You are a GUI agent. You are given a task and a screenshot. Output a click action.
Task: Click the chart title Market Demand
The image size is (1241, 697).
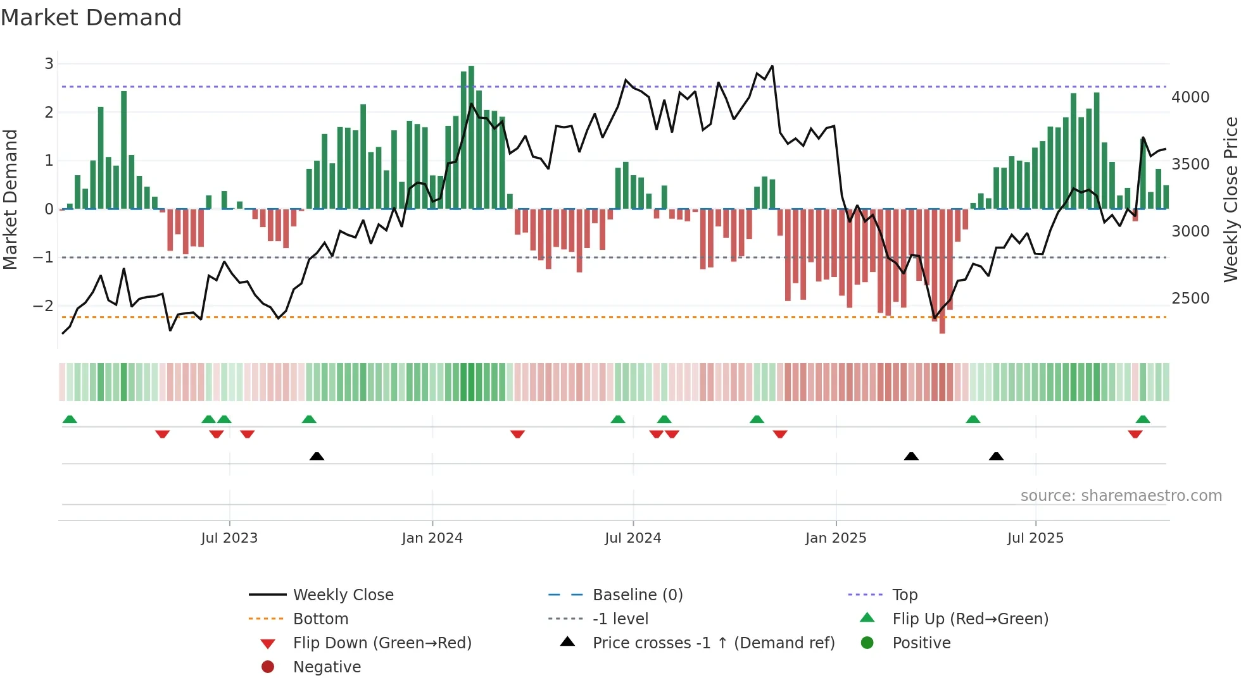(x=91, y=18)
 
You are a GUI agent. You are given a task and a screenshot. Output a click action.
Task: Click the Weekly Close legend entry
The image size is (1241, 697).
(x=343, y=595)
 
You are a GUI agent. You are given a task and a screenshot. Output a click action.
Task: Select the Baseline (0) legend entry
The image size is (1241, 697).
(x=637, y=595)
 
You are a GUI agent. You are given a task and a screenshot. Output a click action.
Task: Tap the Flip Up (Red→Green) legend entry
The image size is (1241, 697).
(x=970, y=619)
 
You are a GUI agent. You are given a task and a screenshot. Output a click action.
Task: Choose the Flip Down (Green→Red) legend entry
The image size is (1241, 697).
(x=382, y=643)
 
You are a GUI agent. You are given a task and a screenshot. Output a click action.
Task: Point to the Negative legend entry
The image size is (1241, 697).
(x=327, y=667)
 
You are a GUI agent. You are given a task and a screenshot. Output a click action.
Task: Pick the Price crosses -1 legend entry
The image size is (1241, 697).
(x=713, y=643)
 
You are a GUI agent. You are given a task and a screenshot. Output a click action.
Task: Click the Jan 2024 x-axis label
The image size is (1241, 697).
(x=432, y=538)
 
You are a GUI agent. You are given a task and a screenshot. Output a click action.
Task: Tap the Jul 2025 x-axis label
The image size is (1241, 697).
(x=1035, y=538)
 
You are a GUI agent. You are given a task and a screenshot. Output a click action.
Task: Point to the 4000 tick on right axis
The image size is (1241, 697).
(x=1190, y=97)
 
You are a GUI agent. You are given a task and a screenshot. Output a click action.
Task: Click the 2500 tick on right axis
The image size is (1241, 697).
(x=1190, y=298)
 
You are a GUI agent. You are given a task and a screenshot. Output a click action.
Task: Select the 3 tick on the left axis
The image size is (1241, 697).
(x=49, y=63)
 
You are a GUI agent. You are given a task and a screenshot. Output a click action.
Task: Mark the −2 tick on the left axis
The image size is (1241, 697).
(x=44, y=305)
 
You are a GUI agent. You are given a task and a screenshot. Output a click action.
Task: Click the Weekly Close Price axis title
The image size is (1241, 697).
(x=1230, y=199)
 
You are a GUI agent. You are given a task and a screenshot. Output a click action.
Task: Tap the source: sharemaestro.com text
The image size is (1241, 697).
(x=1121, y=495)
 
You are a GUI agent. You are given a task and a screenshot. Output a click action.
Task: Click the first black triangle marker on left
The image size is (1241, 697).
(x=317, y=456)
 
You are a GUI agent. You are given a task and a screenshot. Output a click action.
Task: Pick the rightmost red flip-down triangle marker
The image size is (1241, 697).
(x=1135, y=434)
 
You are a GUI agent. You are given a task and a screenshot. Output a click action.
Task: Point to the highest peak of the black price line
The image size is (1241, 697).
(x=772, y=66)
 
